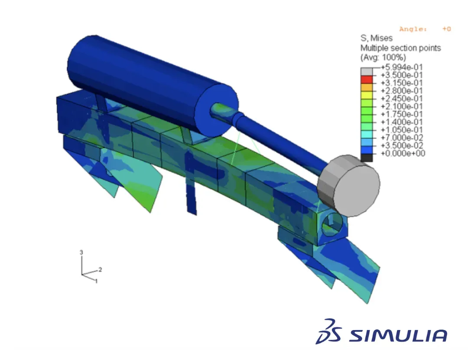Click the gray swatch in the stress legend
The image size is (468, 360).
[x=367, y=72]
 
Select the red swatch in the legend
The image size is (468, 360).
[x=367, y=79]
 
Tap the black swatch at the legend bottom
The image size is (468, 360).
[x=367, y=158]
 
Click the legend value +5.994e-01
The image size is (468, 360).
[x=401, y=67]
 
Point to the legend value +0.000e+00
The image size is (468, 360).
[x=403, y=153]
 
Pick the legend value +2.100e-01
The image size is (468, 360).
[x=401, y=106]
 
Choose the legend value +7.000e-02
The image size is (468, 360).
[x=401, y=138]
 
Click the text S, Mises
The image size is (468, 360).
[x=377, y=38]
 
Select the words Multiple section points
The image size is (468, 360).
[x=400, y=48]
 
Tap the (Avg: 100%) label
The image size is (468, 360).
[x=383, y=57]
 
